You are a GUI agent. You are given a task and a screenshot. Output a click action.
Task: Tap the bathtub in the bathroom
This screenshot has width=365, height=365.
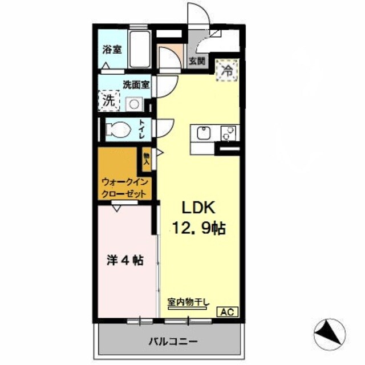139,50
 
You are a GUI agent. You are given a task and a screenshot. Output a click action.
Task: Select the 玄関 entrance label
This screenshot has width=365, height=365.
197,61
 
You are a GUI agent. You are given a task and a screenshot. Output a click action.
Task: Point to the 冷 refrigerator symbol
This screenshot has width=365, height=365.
226,71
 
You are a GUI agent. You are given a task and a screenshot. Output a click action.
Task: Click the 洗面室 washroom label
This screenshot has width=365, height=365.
136,85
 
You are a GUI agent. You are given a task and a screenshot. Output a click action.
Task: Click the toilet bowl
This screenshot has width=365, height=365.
119,129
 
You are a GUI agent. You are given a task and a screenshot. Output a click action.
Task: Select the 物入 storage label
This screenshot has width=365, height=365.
147,158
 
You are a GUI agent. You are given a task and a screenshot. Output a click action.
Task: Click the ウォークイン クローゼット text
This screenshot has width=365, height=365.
125,188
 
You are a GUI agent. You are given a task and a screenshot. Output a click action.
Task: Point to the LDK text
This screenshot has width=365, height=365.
197,207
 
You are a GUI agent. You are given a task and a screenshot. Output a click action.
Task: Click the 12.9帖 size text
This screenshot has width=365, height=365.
198,229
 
